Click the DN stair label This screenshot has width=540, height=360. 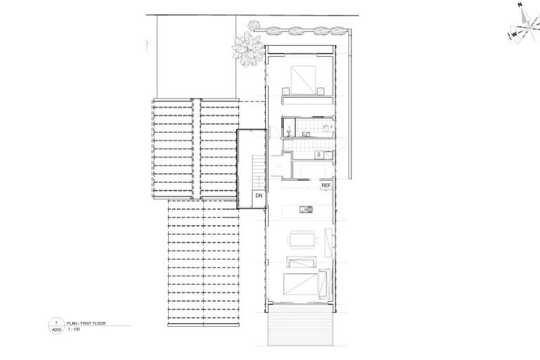coord(259,195)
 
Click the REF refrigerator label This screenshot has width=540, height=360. coord(326,186)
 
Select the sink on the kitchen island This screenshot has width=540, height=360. coord(305,208)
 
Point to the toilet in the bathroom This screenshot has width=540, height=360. coord(289,129)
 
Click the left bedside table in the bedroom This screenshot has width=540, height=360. coord(286,90)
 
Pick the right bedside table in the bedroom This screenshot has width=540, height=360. coord(320,89)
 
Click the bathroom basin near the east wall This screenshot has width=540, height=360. coord(326,127)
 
